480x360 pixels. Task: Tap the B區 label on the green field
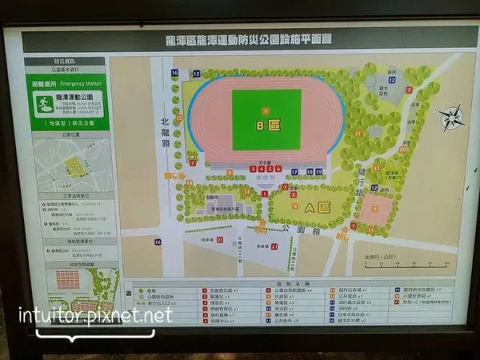[266, 126]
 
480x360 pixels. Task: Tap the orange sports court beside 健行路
[375, 210]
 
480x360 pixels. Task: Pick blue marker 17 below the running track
[295, 171]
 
